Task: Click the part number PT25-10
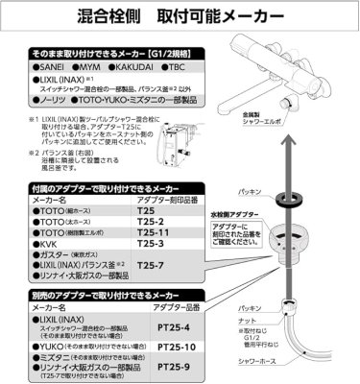point(171,347)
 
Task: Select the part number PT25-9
point(169,365)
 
